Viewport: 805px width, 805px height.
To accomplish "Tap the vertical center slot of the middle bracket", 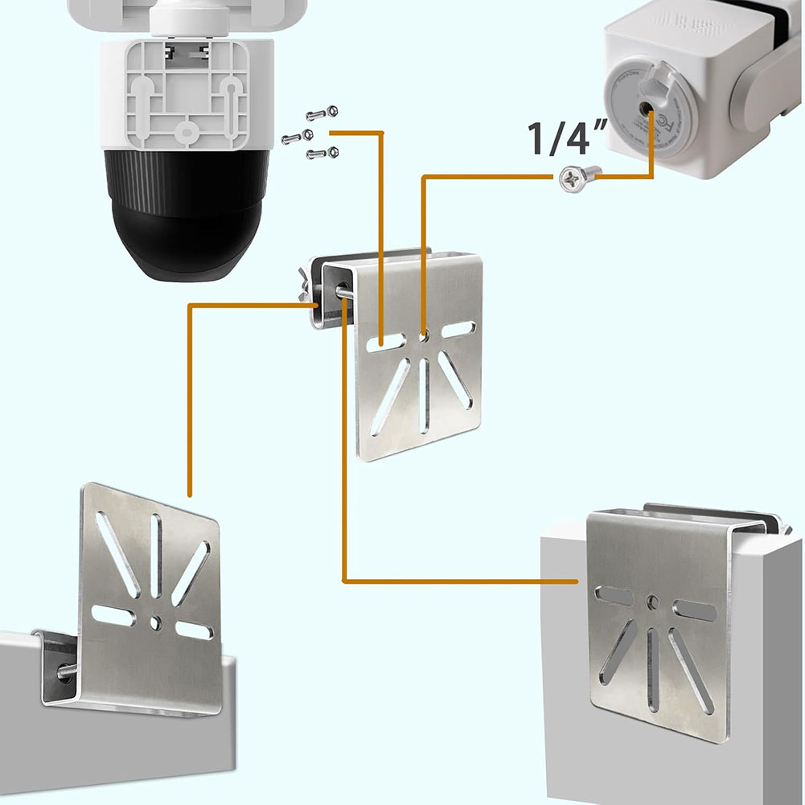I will pos(425,394).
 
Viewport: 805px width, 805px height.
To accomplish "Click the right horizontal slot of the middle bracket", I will pos(458,330).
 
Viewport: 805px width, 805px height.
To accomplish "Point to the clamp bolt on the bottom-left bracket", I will pos(63,672).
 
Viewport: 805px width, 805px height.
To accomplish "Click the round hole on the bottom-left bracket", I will pos(155,621).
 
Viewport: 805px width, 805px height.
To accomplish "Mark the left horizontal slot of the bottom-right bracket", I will pos(613,597).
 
